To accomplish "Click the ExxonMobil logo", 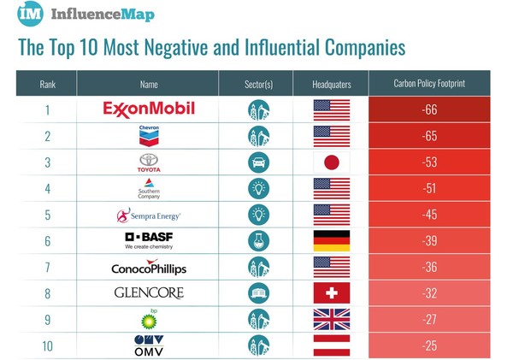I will [x=149, y=109].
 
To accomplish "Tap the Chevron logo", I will [x=149, y=135].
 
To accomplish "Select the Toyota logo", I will [x=149, y=162].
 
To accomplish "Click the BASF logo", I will [x=149, y=240].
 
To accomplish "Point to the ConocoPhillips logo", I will [x=149, y=267].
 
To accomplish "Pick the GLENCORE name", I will [x=149, y=292].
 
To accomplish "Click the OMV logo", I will [x=149, y=345].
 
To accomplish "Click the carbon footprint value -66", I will [x=430, y=109].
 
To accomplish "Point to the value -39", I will [x=430, y=240].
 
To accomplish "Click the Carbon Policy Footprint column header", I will [x=430, y=84].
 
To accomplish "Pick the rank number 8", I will [x=47, y=293].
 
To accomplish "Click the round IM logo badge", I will [x=31, y=15].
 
